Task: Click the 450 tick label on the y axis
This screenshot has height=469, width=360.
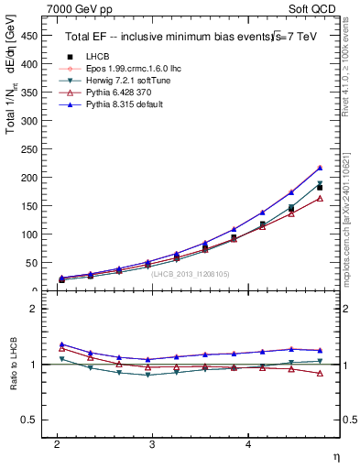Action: click(27, 36)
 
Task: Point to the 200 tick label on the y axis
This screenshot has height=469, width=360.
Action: click(27, 178)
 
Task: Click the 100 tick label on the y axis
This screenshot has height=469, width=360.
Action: click(27, 234)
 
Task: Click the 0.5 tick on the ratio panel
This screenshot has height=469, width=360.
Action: click(29, 420)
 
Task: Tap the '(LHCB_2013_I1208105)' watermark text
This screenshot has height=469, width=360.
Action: click(190, 273)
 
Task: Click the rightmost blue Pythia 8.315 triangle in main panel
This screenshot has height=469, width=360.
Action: click(320, 168)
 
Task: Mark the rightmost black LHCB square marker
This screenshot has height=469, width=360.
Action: click(320, 187)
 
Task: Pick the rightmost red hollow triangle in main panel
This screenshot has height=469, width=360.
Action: click(320, 198)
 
